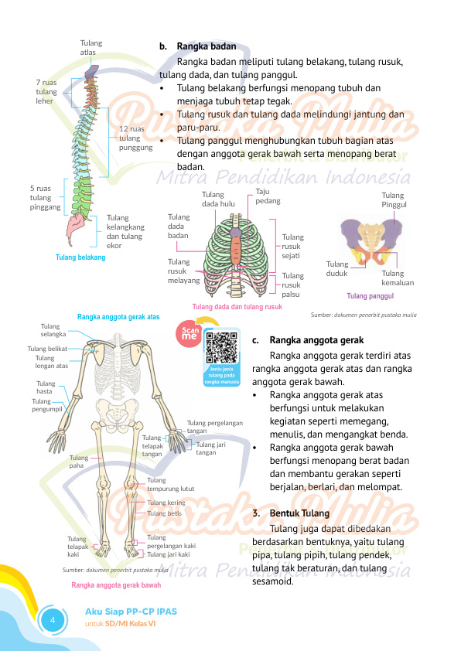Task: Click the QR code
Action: [x=222, y=348]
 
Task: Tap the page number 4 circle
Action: [x=53, y=620]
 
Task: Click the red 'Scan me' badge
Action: [x=190, y=333]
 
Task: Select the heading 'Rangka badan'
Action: [x=207, y=46]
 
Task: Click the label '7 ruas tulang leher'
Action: [x=46, y=92]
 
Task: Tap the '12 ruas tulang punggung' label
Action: [x=136, y=138]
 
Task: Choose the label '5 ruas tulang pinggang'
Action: [x=46, y=198]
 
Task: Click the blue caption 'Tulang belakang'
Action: [x=80, y=257]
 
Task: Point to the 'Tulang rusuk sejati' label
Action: [x=293, y=246]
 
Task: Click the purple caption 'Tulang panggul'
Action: [x=370, y=296]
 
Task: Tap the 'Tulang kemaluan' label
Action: [x=398, y=278]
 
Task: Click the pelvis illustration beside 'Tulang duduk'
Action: [x=371, y=240]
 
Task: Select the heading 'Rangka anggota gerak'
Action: [x=316, y=340]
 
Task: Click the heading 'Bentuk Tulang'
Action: [x=299, y=513]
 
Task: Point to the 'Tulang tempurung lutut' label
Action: [x=170, y=485]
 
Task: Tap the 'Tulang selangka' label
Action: [x=53, y=330]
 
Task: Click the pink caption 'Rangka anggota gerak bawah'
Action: [x=116, y=585]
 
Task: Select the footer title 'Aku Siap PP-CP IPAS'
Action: [x=131, y=612]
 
